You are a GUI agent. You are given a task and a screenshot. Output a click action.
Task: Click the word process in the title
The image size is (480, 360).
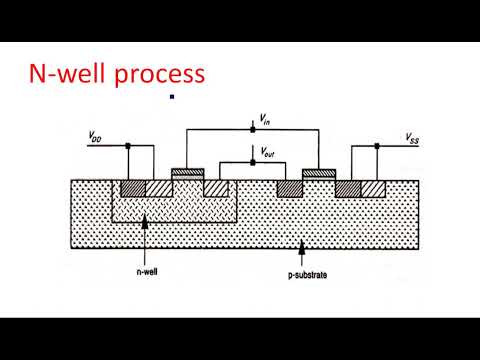pyautogui.click(x=161, y=74)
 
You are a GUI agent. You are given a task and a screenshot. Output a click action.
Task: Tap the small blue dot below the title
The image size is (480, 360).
pyautogui.click(x=172, y=97)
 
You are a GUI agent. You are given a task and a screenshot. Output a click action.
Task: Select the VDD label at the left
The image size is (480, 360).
pyautogui.click(x=96, y=136)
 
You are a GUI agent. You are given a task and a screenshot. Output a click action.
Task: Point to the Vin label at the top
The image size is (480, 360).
pyautogui.click(x=264, y=119)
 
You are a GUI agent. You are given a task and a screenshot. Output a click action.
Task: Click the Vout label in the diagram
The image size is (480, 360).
pyautogui.click(x=267, y=152)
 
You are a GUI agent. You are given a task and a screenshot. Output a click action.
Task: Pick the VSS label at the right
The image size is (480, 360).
pyautogui.click(x=412, y=136)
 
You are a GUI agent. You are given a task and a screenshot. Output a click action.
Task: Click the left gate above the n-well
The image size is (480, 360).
pyautogui.click(x=187, y=172)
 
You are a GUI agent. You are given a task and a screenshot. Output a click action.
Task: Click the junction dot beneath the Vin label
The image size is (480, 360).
pyautogui.click(x=254, y=129)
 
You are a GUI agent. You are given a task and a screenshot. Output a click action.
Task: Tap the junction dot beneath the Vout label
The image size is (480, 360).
pyautogui.click(x=254, y=161)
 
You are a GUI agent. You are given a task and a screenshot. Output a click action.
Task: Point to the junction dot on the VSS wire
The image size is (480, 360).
pyautogui.click(x=377, y=145)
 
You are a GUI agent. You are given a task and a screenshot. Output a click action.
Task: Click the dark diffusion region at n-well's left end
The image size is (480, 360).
pyautogui.click(x=132, y=188)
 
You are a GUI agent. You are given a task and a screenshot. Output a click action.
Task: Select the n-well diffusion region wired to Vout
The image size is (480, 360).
pyautogui.click(x=216, y=188)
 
